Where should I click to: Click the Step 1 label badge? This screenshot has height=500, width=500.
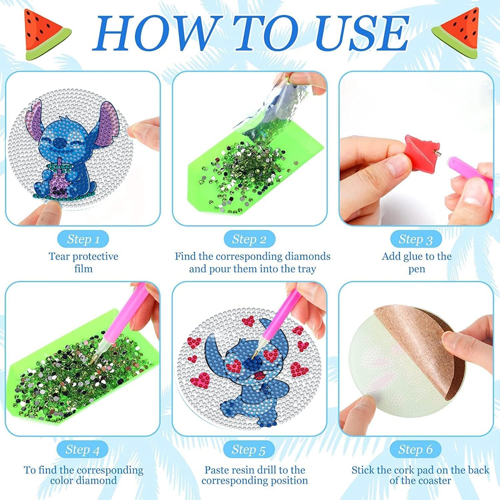(x=83, y=239)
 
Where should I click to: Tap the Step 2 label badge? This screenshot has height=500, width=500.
(x=249, y=239)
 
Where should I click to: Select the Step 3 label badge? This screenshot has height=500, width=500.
(x=416, y=239)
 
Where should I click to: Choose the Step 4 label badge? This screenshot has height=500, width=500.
(x=83, y=449)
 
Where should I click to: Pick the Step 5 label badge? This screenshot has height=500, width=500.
(x=249, y=449)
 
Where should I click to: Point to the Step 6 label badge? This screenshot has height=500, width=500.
(x=415, y=449)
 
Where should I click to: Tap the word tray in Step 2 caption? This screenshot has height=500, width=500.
(x=306, y=269)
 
